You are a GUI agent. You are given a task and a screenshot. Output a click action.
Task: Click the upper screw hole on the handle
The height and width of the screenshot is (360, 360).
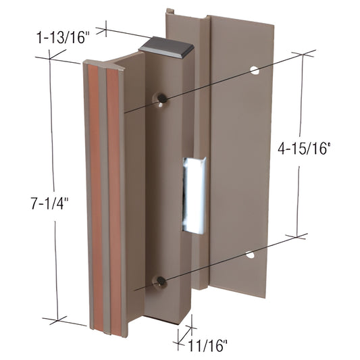click(x=162, y=99)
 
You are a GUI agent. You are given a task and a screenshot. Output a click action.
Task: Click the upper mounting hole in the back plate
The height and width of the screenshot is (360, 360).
click(x=254, y=69)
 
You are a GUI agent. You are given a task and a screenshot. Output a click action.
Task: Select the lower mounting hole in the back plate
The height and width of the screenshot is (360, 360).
click(x=249, y=255)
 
